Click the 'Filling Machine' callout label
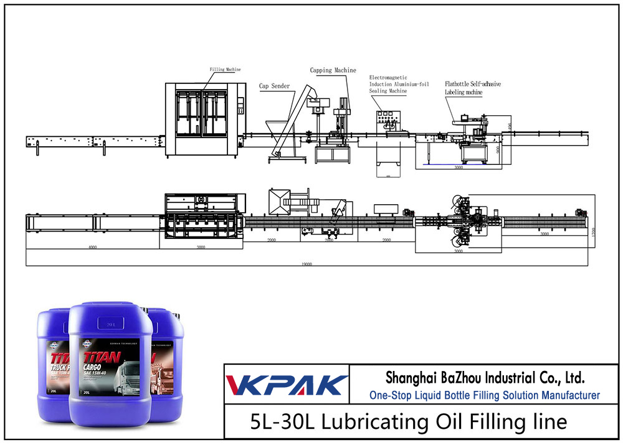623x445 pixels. pyautogui.click(x=225, y=70)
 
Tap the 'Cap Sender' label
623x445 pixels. pyautogui.click(x=275, y=86)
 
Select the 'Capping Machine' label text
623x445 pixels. pyautogui.click(x=333, y=71)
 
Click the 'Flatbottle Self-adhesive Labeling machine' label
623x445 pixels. pyautogui.click(x=472, y=88)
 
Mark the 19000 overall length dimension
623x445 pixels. pyautogui.click(x=305, y=263)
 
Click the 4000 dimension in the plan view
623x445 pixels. pyautogui.click(x=92, y=246)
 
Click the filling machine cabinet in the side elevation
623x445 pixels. pyautogui.click(x=203, y=118)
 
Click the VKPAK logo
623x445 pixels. pyautogui.click(x=286, y=385)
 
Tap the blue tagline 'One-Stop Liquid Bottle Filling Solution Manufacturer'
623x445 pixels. pyautogui.click(x=484, y=395)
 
